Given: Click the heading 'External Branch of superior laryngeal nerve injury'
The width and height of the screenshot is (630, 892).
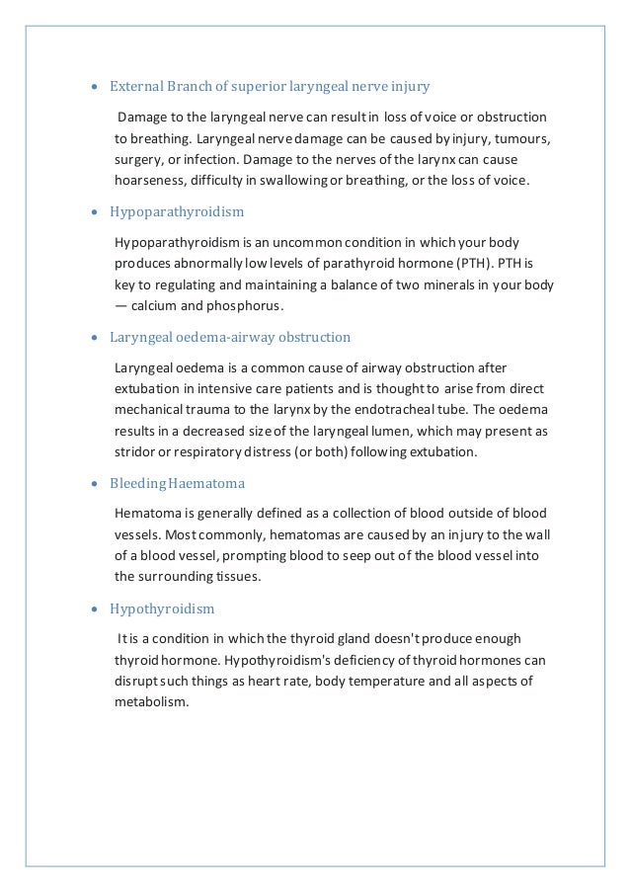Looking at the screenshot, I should [269, 86].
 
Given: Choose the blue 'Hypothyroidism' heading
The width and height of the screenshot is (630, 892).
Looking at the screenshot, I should [164, 609].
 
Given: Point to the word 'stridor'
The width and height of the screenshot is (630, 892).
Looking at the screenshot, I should [137, 452].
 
